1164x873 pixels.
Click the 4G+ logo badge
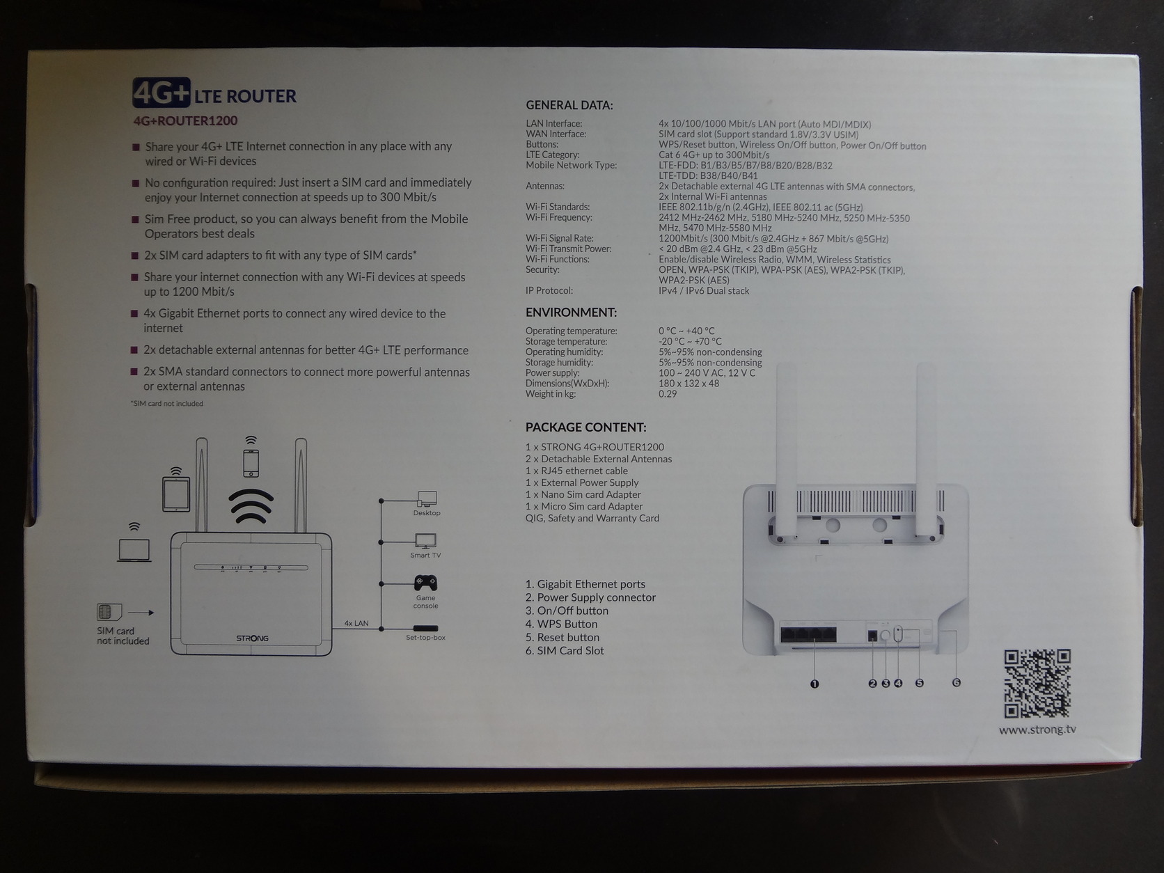point(162,93)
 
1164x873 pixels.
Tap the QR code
point(1037,684)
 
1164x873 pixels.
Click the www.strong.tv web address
point(1037,730)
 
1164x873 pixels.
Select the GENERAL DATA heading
point(569,105)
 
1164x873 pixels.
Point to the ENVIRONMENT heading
point(571,312)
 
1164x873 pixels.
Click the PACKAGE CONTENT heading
point(585,427)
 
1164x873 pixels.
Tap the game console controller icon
point(425,583)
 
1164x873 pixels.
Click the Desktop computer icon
point(427,498)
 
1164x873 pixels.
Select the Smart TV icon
point(425,541)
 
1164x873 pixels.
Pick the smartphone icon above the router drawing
point(251,463)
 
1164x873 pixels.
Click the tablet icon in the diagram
point(176,494)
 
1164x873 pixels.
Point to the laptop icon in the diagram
point(134,551)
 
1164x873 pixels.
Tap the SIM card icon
point(109,612)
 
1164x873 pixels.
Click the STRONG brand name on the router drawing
point(253,638)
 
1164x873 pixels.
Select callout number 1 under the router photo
point(815,684)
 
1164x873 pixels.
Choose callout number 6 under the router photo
point(956,683)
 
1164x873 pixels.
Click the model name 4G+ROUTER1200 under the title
point(186,121)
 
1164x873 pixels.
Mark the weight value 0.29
point(668,394)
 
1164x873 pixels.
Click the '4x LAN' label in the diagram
point(356,623)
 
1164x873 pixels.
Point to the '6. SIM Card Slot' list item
point(564,651)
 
